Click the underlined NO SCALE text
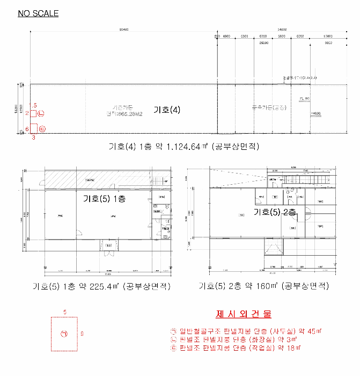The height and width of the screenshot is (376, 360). [x=38, y=13]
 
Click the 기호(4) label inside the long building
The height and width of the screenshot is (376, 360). [x=166, y=110]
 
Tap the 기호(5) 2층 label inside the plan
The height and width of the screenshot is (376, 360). [x=275, y=212]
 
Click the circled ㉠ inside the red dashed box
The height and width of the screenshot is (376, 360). [x=64, y=334]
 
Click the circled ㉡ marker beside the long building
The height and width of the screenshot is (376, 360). [x=41, y=113]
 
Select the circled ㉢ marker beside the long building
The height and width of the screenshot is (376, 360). [x=42, y=128]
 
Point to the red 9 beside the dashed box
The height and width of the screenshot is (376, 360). [x=82, y=334]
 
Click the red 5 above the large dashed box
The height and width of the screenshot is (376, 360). [x=64, y=312]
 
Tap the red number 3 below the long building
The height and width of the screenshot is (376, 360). [x=33, y=138]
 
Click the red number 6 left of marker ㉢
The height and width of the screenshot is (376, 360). [x=27, y=128]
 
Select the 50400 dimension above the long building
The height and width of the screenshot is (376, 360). [x=124, y=30]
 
